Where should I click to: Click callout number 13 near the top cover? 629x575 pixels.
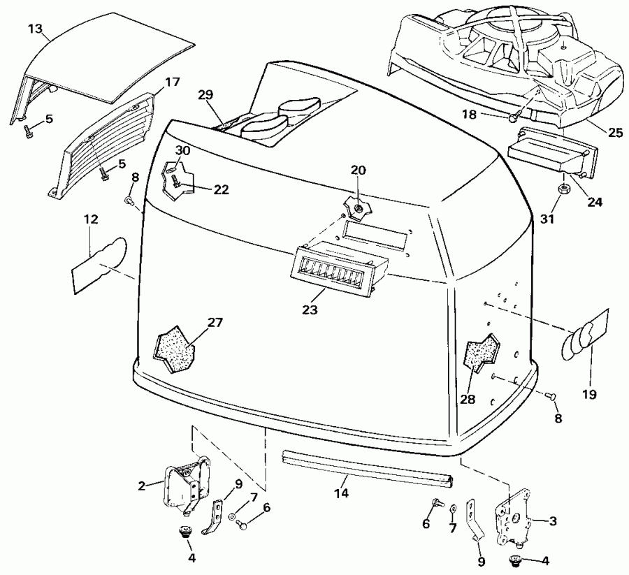point(35,30)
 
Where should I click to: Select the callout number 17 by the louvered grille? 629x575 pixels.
point(172,82)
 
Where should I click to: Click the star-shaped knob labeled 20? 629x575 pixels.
point(356,205)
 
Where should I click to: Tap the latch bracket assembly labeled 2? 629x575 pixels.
point(186,483)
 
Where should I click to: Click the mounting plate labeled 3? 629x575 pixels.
point(512,521)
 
